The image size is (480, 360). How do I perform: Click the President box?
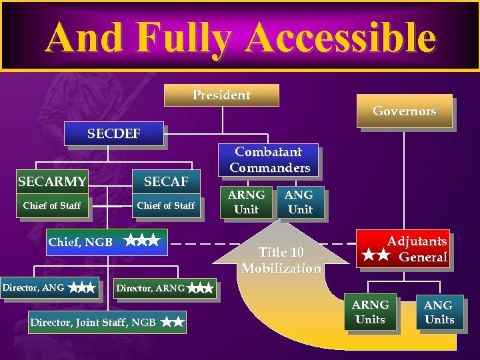(221, 95)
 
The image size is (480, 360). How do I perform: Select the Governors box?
(404, 111)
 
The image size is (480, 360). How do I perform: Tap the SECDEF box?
(114, 133)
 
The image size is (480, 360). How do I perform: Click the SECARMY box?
(52, 181)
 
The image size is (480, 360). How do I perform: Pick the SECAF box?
(166, 181)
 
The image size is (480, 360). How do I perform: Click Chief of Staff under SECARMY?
(52, 205)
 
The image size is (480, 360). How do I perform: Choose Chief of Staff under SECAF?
(166, 205)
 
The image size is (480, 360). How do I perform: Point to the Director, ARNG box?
(164, 289)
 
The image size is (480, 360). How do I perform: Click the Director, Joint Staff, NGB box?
(107, 323)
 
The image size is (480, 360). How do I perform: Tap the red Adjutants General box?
(403, 249)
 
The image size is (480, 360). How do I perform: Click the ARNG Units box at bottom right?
(370, 312)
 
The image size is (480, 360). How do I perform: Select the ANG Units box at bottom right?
(439, 312)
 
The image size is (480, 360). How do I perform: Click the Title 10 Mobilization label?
(281, 260)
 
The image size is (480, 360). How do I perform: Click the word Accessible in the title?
(340, 38)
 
